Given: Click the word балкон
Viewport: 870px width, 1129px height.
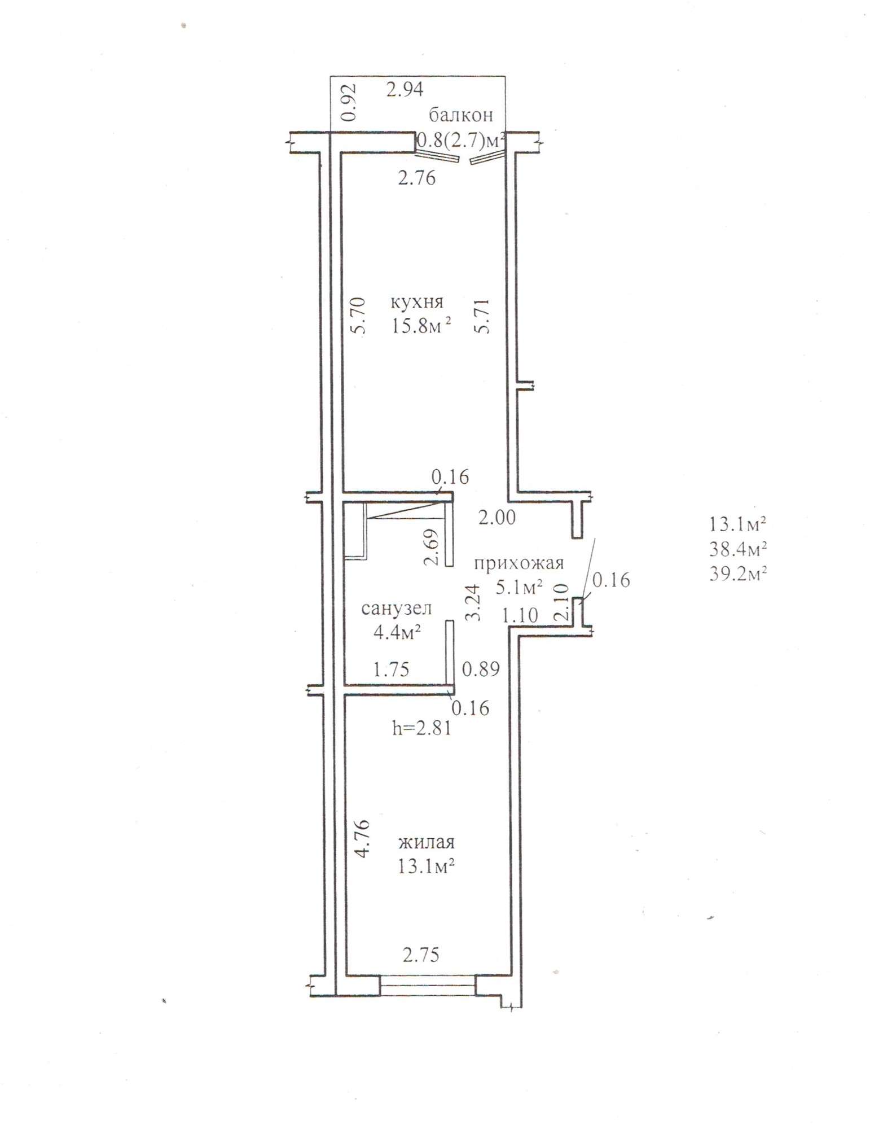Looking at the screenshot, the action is pos(461,115).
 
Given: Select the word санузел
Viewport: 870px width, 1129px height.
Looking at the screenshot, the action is pos(397,609).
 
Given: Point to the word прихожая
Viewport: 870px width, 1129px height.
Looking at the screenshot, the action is pos(519,563).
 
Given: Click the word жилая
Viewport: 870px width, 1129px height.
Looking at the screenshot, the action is pos(427,842).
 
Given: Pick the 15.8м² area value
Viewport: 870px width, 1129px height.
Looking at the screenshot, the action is pos(422,326).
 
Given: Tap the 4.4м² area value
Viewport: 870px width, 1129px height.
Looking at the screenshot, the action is pos(398,632).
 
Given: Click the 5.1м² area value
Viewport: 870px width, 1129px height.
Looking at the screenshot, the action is pos(519,588).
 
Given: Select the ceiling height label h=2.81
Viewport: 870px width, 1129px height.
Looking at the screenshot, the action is pos(422,728).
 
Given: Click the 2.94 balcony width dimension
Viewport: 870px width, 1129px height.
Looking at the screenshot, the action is pos(405,89).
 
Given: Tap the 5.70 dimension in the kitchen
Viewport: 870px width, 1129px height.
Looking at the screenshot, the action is pos(361,316).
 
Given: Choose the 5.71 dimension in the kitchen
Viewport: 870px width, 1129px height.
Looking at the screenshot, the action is pos(482,316).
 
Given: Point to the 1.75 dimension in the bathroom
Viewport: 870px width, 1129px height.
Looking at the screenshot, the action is pos(392,669).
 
